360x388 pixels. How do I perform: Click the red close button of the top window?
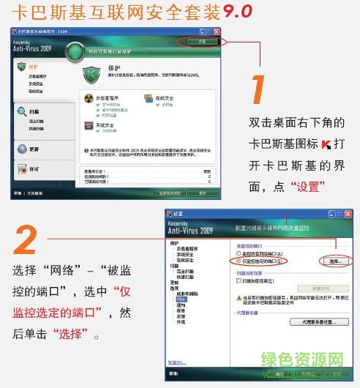pyautogui.click(x=217, y=33)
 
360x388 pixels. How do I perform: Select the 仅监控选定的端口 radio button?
pyautogui.click(x=236, y=260)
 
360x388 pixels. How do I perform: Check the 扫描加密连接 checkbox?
pyautogui.click(x=238, y=281)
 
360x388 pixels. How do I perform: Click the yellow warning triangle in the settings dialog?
pyautogui.click(x=238, y=299)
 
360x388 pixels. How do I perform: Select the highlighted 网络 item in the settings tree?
pyautogui.click(x=181, y=299)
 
